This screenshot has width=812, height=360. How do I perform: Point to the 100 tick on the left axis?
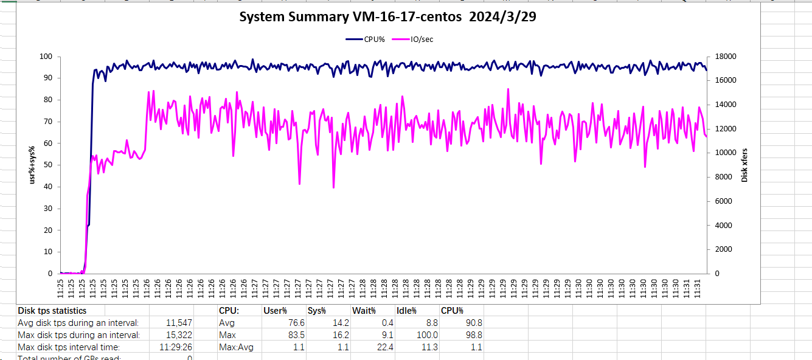click(x=46, y=57)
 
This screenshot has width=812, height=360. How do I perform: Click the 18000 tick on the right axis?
click(x=726, y=57)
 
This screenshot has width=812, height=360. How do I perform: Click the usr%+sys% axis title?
click(x=33, y=165)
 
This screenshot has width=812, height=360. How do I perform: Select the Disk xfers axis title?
click(x=744, y=165)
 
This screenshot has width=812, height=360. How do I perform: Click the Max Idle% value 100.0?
click(x=426, y=335)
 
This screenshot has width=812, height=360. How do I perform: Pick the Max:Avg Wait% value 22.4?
click(x=383, y=347)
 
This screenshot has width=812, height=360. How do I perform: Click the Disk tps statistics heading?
click(x=52, y=311)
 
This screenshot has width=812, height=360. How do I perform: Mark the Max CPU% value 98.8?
click(x=472, y=335)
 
